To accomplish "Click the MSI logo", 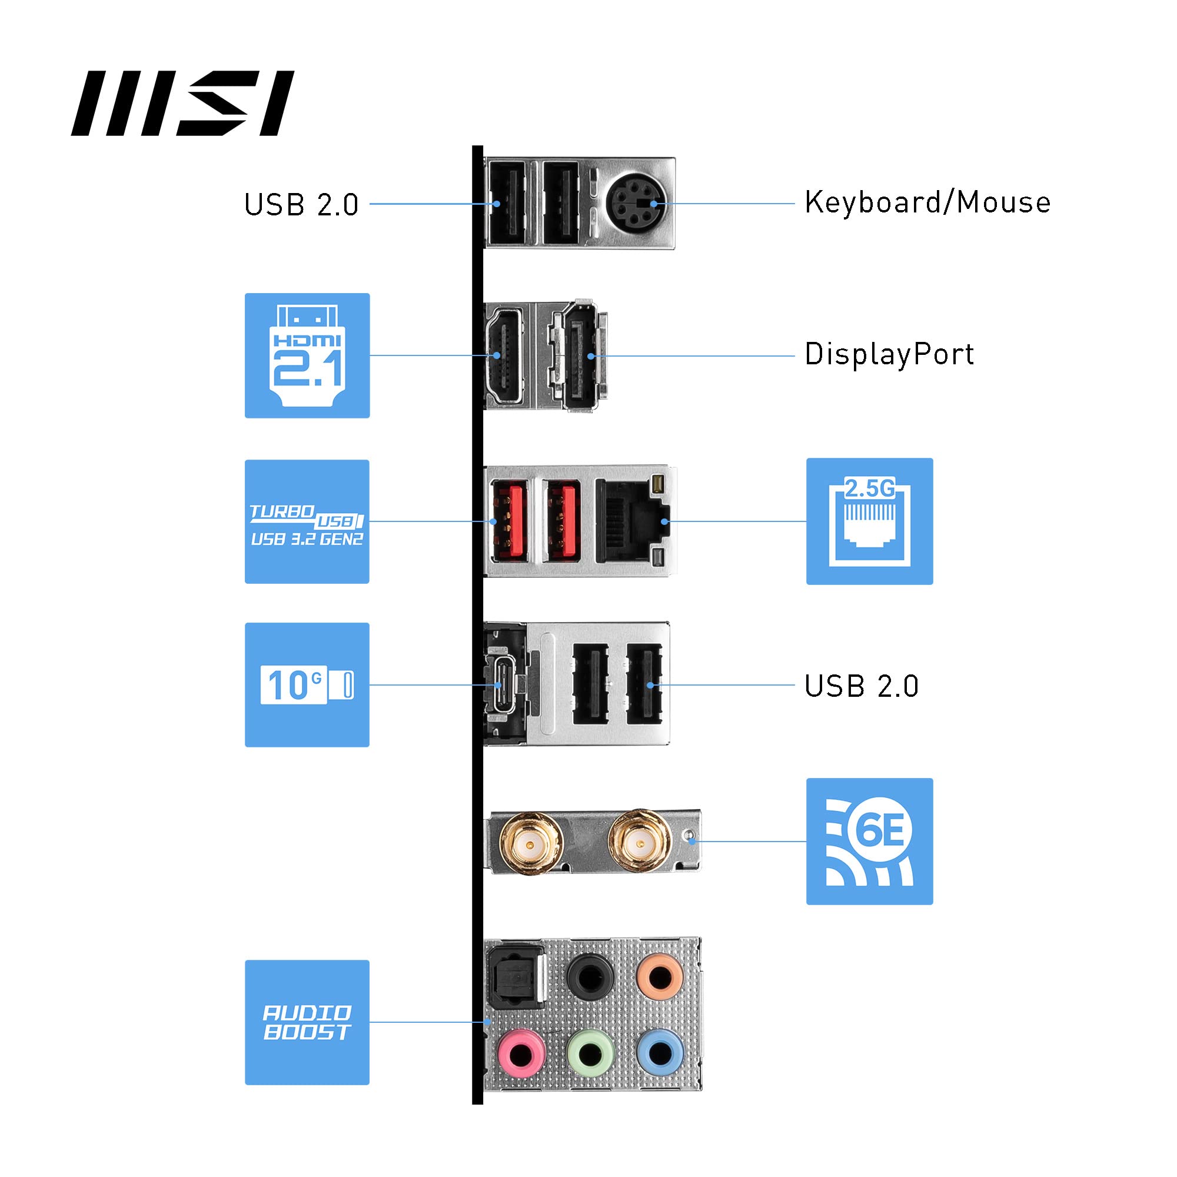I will pos(183,104).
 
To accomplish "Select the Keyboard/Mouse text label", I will pos(927,203).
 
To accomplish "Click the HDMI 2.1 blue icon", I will pos(307,356).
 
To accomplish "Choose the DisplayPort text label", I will pos(889,354).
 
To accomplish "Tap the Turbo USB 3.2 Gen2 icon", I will pos(307,521).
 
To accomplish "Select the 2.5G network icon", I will pos(869,521).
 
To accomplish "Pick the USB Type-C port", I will pos(501,685).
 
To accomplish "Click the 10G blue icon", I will pos(307,685).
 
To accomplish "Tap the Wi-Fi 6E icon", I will pos(869,842).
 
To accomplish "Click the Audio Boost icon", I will pos(307,1023).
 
